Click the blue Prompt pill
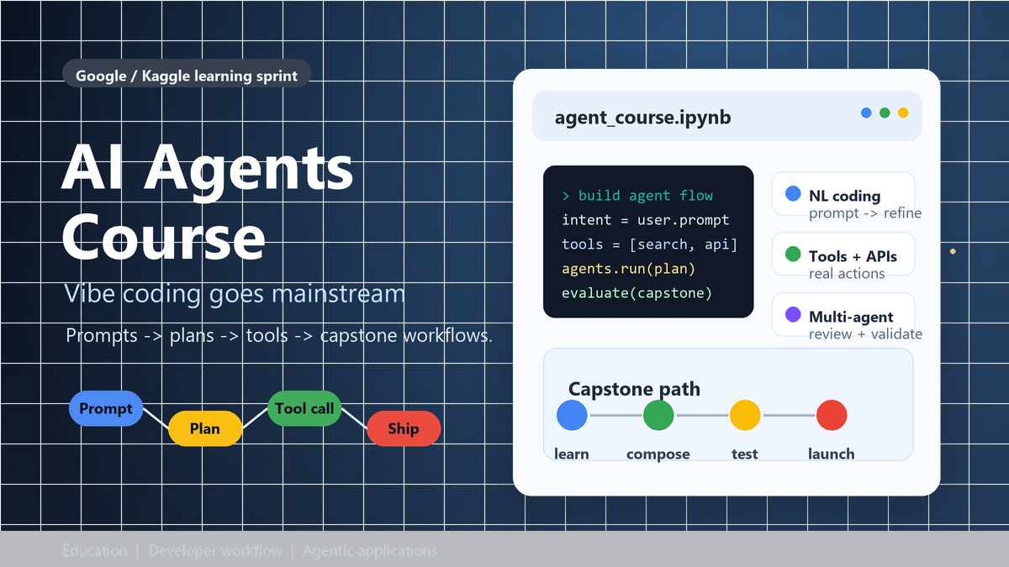point(105,409)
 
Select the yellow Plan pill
point(204,428)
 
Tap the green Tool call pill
point(304,409)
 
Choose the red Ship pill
point(404,428)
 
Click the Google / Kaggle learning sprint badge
point(187,76)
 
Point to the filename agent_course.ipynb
point(642,118)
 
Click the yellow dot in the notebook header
point(903,113)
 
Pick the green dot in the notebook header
point(885,113)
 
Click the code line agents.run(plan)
point(628,269)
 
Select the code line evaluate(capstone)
point(637,293)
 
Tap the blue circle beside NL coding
point(792,194)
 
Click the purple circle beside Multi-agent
point(792,315)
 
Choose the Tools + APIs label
point(853,256)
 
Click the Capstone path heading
point(634,389)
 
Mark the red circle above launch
point(831,415)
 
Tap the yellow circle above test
point(744,415)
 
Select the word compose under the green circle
point(658,454)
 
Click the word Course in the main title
point(163,237)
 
